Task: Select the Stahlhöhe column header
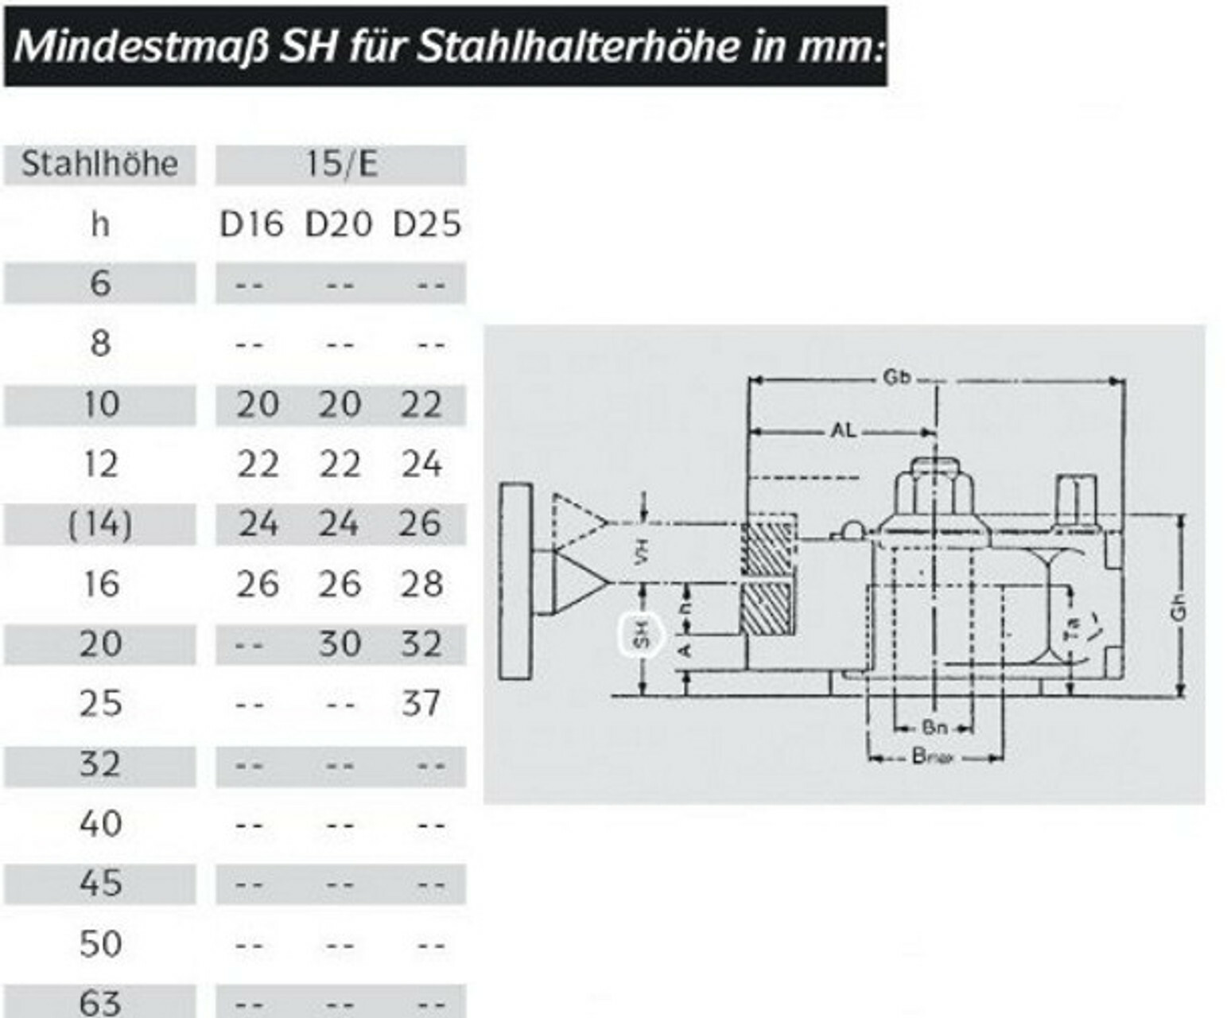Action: click(x=99, y=164)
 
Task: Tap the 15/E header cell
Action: click(x=340, y=164)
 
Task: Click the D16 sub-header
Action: click(x=251, y=224)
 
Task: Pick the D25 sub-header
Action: click(x=427, y=224)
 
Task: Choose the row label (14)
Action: click(x=100, y=524)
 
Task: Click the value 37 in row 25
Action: click(x=421, y=703)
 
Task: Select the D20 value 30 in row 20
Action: click(x=340, y=643)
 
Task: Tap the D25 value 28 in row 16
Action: click(x=421, y=584)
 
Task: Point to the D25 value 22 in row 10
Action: click(x=421, y=404)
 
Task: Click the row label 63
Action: click(x=100, y=1002)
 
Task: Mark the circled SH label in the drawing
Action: click(x=643, y=634)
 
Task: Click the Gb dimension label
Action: click(x=896, y=378)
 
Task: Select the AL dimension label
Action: click(x=844, y=431)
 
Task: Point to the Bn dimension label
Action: click(x=934, y=726)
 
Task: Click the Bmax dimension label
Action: click(x=932, y=756)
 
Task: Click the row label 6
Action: click(x=100, y=283)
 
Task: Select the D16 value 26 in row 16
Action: click(x=258, y=584)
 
